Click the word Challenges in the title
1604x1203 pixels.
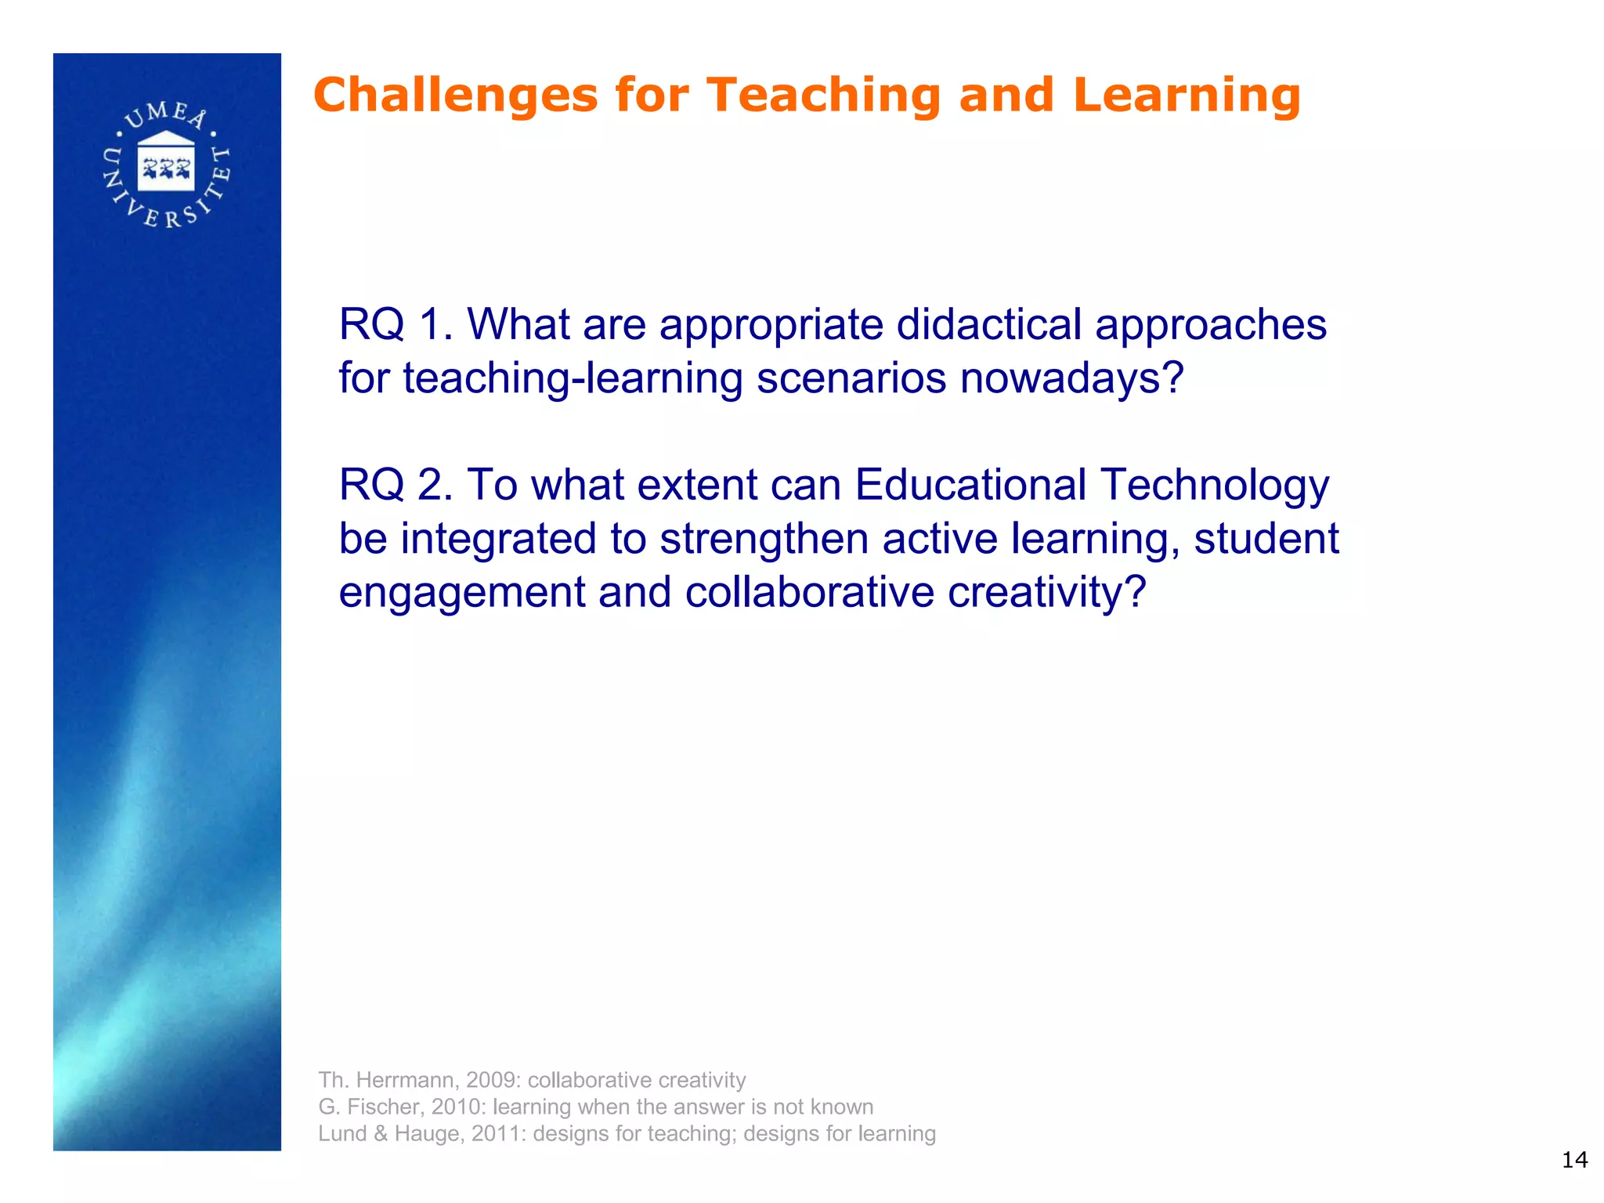click(x=455, y=96)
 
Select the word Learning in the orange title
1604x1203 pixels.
click(x=1187, y=96)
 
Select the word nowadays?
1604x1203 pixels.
click(x=1071, y=378)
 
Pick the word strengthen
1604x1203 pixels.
click(x=764, y=539)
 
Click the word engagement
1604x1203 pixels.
click(x=461, y=592)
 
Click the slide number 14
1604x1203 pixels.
click(x=1574, y=1160)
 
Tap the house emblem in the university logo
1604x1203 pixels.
click(x=166, y=161)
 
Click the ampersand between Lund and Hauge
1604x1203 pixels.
click(x=381, y=1133)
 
